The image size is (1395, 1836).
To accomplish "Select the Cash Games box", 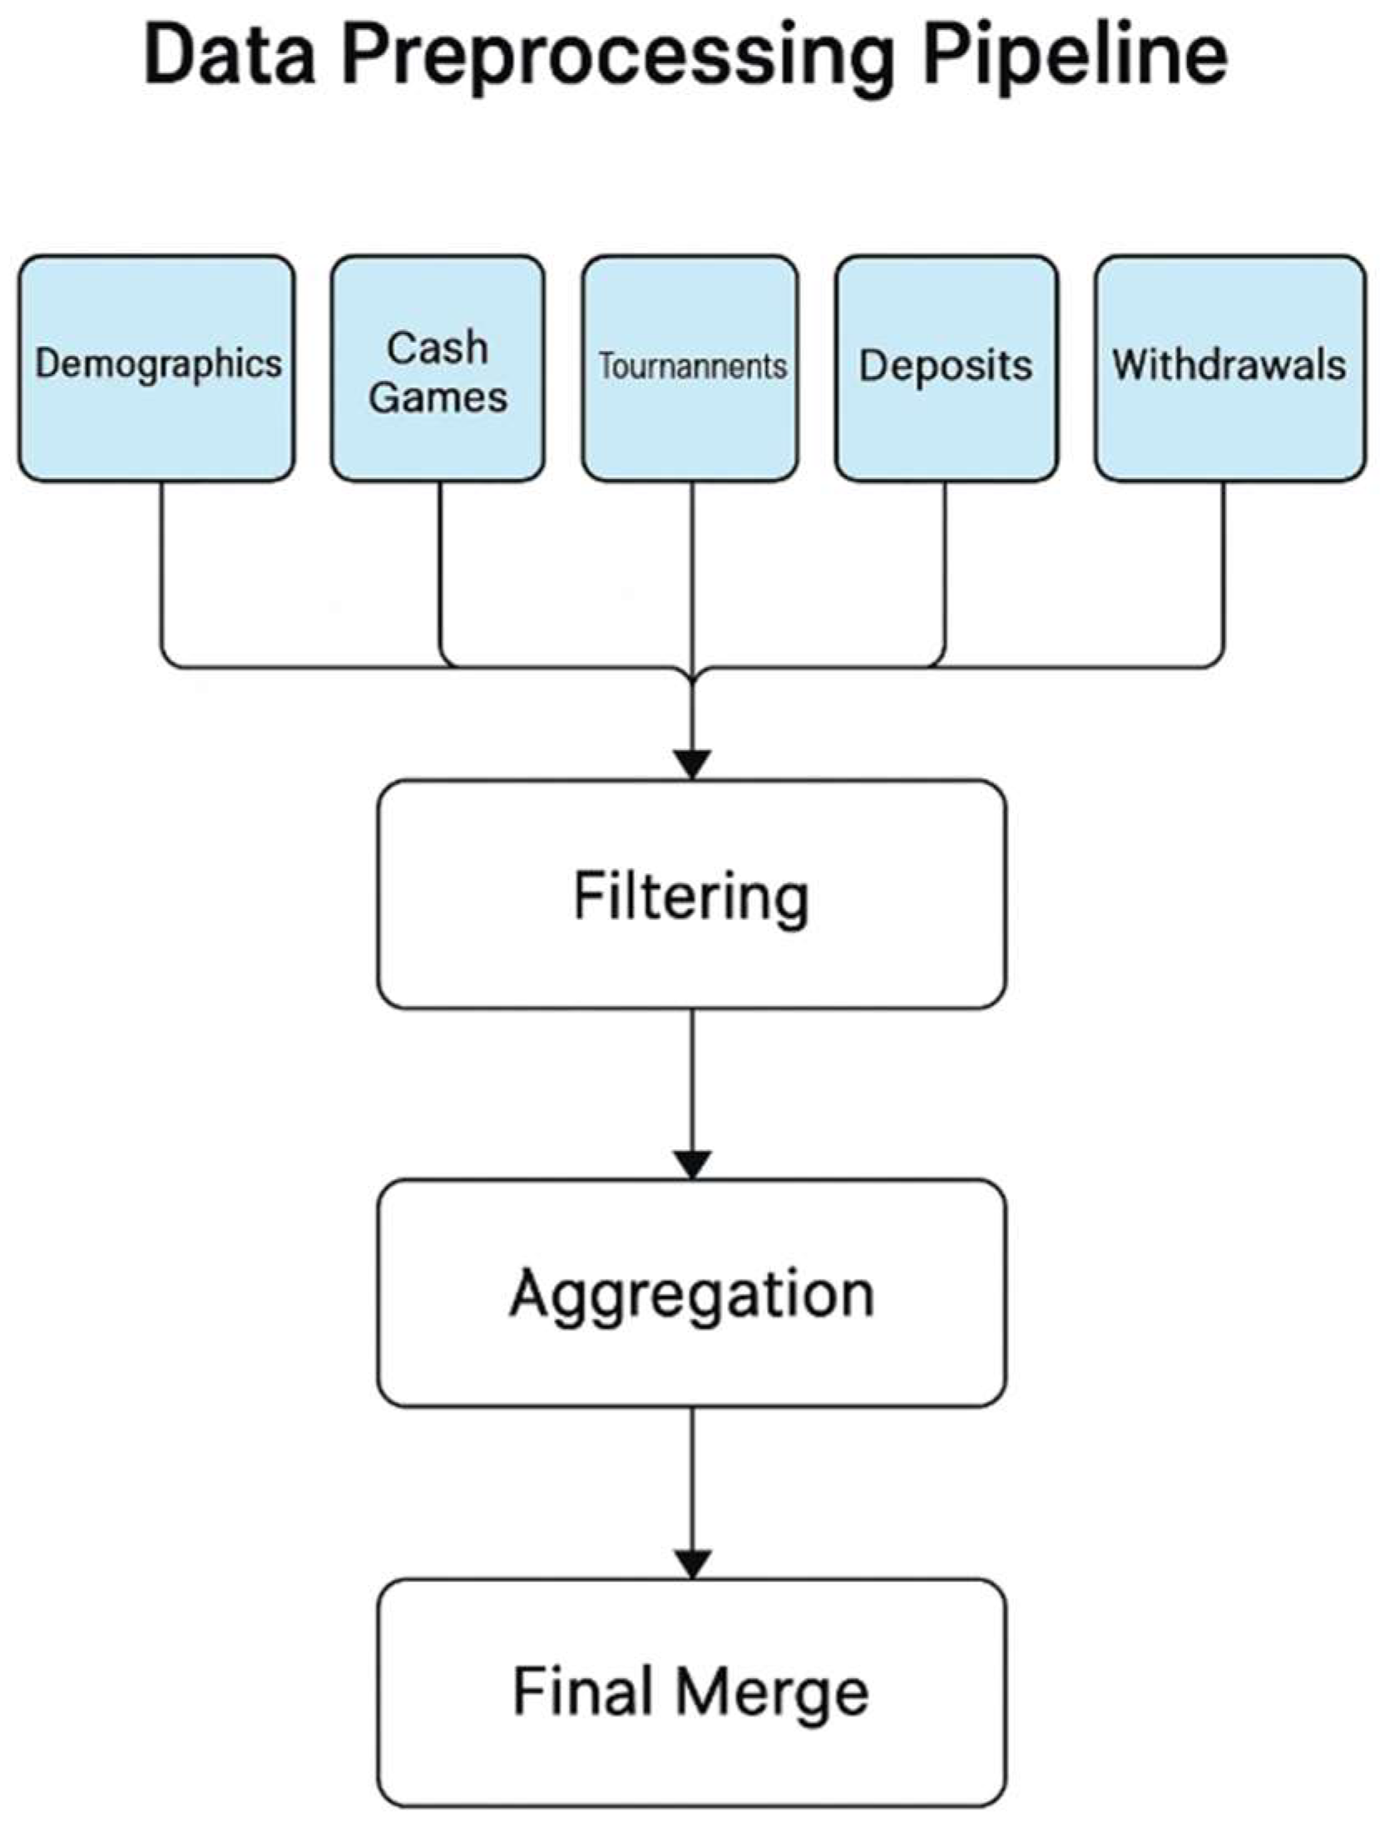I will coord(438,368).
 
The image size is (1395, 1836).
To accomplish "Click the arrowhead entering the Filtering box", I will coord(692,763).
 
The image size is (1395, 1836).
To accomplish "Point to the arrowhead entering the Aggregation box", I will coord(692,1163).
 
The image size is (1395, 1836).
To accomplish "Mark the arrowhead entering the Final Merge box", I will coord(692,1562).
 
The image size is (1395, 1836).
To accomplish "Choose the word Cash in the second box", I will coord(438,347).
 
